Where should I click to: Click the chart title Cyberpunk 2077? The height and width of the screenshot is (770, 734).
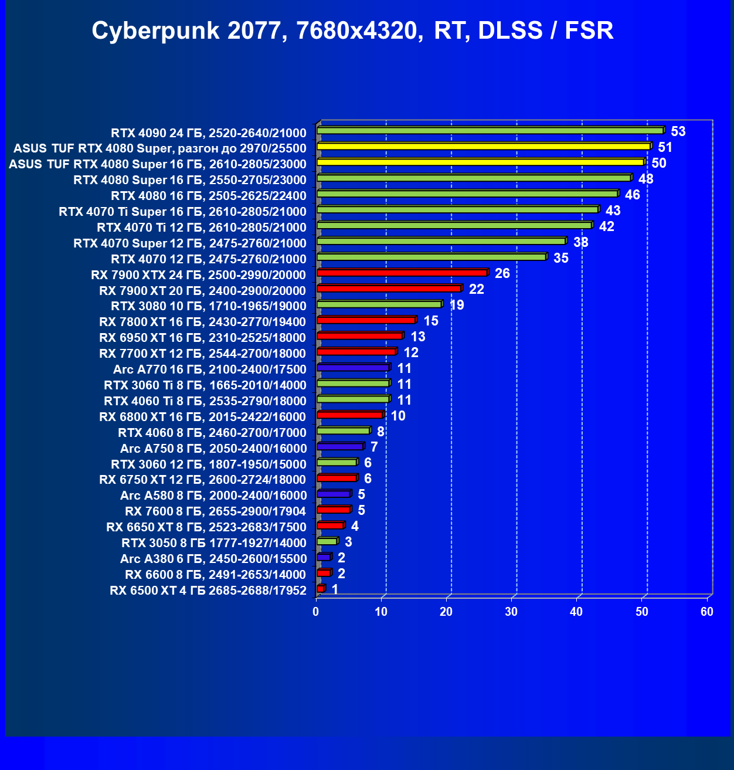click(352, 30)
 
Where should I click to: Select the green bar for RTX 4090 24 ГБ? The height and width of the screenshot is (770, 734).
click(490, 131)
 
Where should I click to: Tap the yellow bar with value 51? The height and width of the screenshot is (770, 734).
click(484, 147)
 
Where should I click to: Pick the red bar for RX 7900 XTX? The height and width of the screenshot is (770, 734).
click(402, 273)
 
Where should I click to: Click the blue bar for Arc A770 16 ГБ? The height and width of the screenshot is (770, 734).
click(354, 368)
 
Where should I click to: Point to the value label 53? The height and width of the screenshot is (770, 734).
click(678, 131)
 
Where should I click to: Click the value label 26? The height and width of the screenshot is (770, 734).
click(502, 273)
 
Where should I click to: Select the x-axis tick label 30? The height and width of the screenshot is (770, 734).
click(511, 612)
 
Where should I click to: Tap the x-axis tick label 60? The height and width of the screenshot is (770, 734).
click(707, 612)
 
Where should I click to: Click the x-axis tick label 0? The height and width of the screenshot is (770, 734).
click(316, 612)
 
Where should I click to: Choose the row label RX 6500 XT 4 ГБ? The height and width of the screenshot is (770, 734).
click(208, 591)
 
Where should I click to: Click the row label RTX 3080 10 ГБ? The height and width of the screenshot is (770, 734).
click(209, 306)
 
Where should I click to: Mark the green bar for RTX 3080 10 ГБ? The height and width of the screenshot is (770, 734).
click(379, 304)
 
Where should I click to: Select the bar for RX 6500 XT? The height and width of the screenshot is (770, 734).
click(320, 589)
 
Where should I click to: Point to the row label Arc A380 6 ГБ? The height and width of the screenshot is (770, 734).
click(213, 559)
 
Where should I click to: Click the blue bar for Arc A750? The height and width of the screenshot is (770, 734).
click(340, 447)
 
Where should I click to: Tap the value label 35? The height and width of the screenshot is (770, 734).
click(561, 258)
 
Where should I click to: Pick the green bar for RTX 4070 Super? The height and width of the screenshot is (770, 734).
click(441, 241)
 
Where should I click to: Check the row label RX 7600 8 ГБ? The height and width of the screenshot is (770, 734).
click(216, 511)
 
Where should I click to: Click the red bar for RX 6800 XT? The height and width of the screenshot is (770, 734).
click(350, 415)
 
